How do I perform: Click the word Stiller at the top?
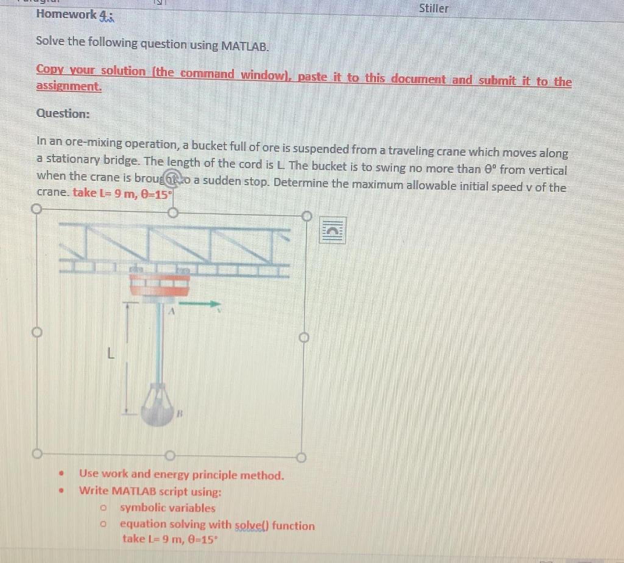(x=433, y=9)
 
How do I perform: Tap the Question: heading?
(x=63, y=113)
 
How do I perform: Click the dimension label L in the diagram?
(x=110, y=353)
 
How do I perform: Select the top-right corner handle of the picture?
(x=307, y=215)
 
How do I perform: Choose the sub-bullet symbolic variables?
(x=168, y=508)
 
